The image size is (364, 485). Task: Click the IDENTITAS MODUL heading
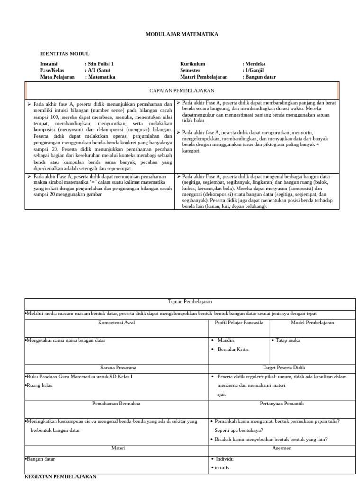pyautogui.click(x=64, y=54)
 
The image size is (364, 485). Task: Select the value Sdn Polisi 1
pyautogui.click(x=100, y=64)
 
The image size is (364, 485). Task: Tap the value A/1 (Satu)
pyautogui.click(x=99, y=70)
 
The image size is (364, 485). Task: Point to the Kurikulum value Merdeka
pyautogui.click(x=255, y=64)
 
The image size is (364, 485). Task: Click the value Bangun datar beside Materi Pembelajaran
pyautogui.click(x=260, y=77)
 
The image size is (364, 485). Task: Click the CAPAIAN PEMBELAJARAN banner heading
pyautogui.click(x=182, y=90)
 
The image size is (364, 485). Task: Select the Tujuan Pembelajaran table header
pyautogui.click(x=190, y=302)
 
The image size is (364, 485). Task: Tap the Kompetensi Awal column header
pyautogui.click(x=116, y=323)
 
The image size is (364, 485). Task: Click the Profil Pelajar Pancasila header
pyautogui.click(x=239, y=323)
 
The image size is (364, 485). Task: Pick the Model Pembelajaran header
pyautogui.click(x=312, y=323)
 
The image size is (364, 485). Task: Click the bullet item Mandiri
pyautogui.click(x=226, y=340)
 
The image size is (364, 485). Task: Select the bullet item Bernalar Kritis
pyautogui.click(x=233, y=350)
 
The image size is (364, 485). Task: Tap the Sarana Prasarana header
pyautogui.click(x=116, y=367)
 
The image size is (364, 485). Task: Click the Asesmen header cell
pyautogui.click(x=282, y=448)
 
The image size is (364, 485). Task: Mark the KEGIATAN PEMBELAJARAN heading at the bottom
pyautogui.click(x=60, y=476)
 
